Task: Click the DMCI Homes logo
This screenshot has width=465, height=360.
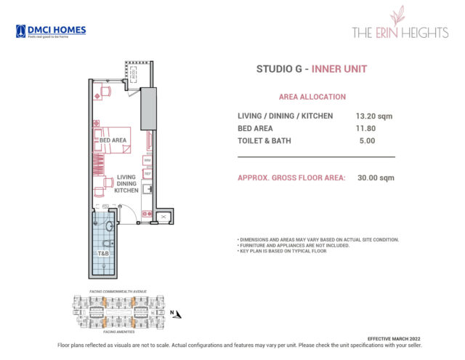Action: (50, 31)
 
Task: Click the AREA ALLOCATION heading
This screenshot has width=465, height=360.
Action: (312, 97)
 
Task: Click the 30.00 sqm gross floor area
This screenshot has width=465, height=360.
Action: (375, 178)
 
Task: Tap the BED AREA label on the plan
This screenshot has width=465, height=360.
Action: (113, 139)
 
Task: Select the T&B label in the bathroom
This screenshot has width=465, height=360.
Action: (103, 253)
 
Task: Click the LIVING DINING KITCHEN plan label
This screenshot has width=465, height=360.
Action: (126, 183)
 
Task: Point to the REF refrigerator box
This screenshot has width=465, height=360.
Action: (147, 174)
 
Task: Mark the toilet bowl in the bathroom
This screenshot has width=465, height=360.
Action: (110, 227)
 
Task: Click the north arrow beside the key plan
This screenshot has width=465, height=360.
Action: (174, 313)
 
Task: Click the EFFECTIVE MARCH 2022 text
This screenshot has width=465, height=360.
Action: (395, 339)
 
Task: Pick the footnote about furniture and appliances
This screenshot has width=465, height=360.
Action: (294, 245)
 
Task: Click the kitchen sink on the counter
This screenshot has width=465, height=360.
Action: (147, 189)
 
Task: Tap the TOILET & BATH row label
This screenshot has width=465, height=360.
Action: (264, 141)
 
